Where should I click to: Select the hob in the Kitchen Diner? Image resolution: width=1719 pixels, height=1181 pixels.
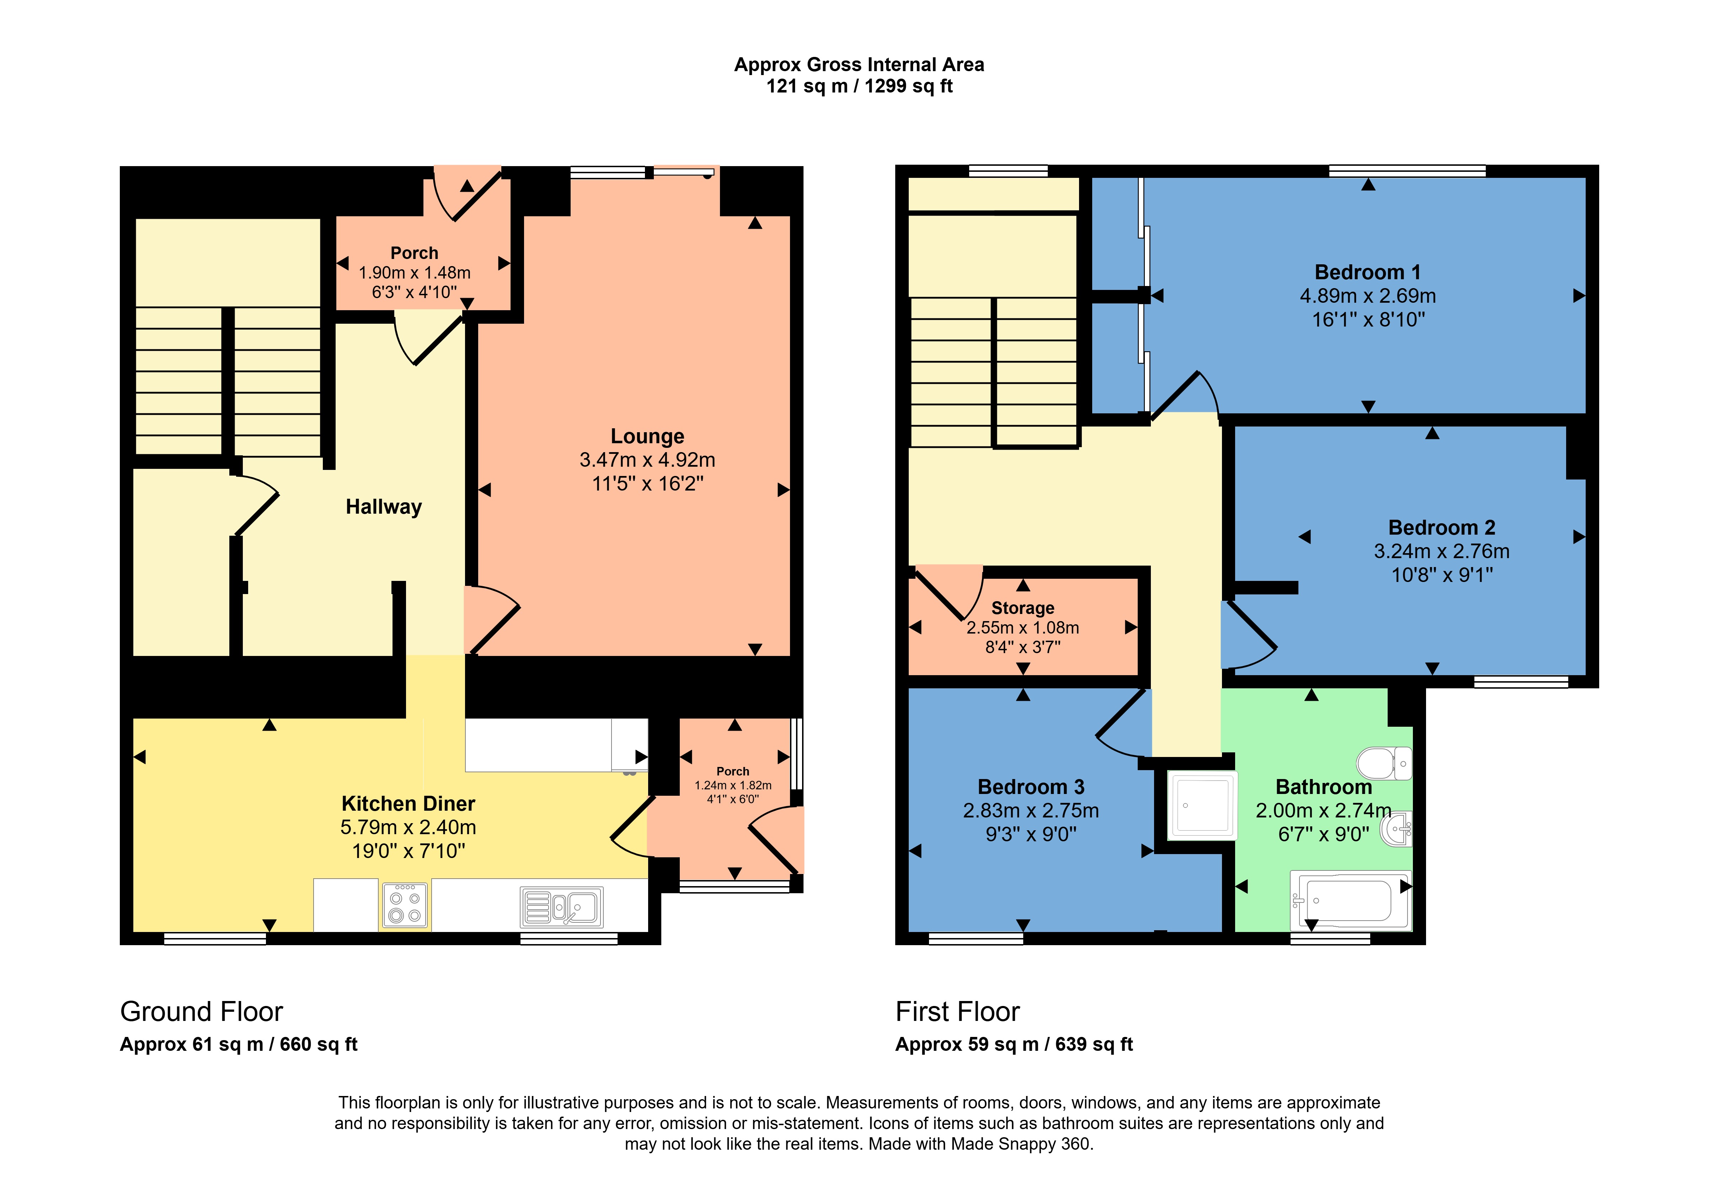(405, 905)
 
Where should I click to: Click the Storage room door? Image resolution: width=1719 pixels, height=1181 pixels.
(943, 592)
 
